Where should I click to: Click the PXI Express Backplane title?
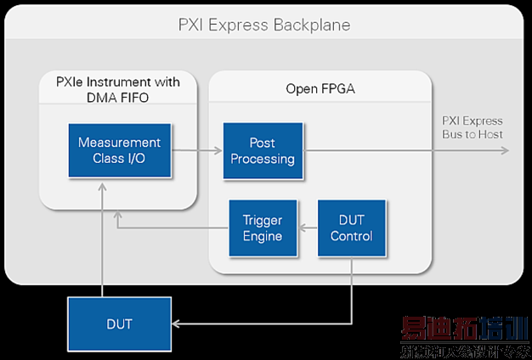coord(264,25)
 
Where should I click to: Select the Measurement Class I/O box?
coord(119,150)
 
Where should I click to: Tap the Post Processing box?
coord(262,150)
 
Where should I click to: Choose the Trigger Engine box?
coord(262,228)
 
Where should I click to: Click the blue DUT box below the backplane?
coord(118,323)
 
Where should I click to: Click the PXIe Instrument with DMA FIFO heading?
coord(119,90)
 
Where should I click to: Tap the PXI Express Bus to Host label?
coord(473,127)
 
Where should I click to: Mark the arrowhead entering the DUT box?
coord(175,323)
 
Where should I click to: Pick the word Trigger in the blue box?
coord(262,220)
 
